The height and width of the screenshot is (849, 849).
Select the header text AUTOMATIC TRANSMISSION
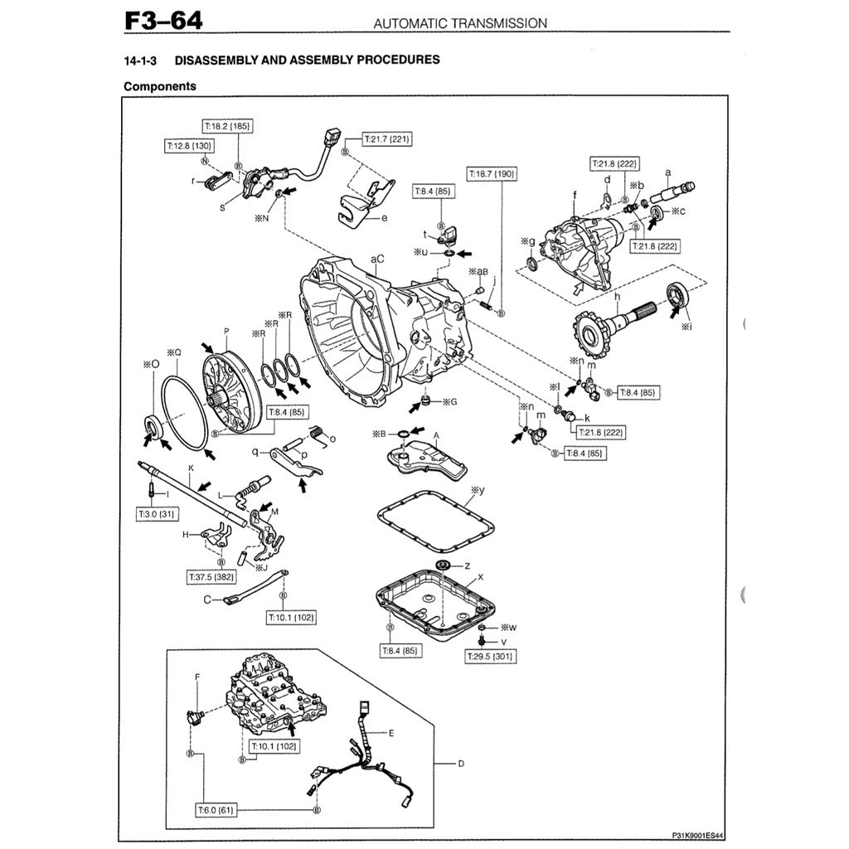[460, 23]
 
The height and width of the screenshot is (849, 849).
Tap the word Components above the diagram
[160, 85]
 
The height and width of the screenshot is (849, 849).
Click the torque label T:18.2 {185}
[227, 127]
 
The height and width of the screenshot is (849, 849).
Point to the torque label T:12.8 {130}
[188, 145]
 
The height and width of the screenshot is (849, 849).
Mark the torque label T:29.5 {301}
[490, 657]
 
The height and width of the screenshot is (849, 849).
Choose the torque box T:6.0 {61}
[214, 808]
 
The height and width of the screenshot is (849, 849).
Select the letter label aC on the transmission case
[377, 259]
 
